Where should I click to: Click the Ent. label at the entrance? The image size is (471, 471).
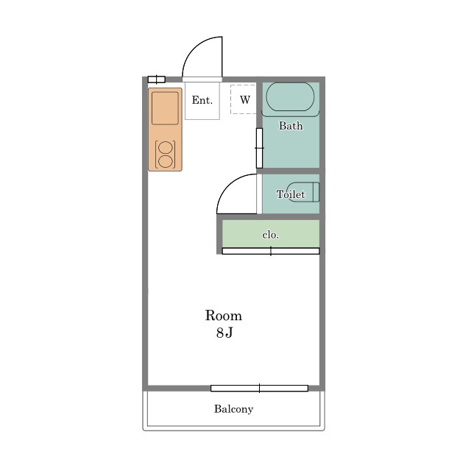[x=202, y=100]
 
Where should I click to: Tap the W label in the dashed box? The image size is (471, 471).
[x=245, y=100]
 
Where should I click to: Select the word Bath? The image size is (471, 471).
[x=291, y=126]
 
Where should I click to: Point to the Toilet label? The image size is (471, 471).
[x=291, y=194]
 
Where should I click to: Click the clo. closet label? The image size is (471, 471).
[x=271, y=235]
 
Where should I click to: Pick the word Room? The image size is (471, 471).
[x=224, y=316]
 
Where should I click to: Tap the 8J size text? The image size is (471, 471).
[x=224, y=333]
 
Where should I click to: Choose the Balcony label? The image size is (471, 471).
[x=234, y=409]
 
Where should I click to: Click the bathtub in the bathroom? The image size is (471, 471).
[x=290, y=97]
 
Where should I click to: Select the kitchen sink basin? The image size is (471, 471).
[x=165, y=108]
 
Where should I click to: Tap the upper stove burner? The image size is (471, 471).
[x=165, y=148]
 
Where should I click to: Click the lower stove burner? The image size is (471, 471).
[x=165, y=162]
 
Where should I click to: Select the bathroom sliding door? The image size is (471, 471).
[x=259, y=148]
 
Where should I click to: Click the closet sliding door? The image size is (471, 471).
[x=271, y=251]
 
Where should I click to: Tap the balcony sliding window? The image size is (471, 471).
[x=259, y=388]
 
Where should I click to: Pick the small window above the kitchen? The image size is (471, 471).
[x=157, y=79]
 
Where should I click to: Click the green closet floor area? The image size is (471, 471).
[x=271, y=234]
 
